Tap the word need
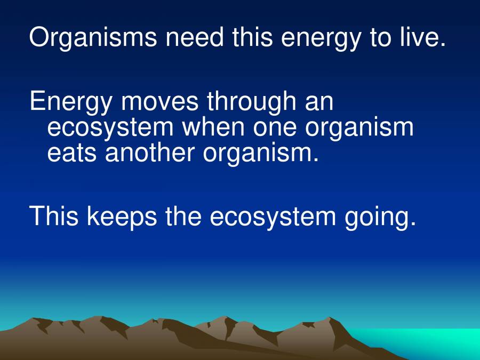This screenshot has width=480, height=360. coord(195,37)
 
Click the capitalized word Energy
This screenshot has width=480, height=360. coord(71,102)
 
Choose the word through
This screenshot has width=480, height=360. coord(251,102)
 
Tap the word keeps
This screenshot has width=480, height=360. coord(122,217)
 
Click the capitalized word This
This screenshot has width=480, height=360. coord(53,215)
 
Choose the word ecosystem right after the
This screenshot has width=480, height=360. coord(273,218)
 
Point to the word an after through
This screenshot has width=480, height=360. coord(319,103)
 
